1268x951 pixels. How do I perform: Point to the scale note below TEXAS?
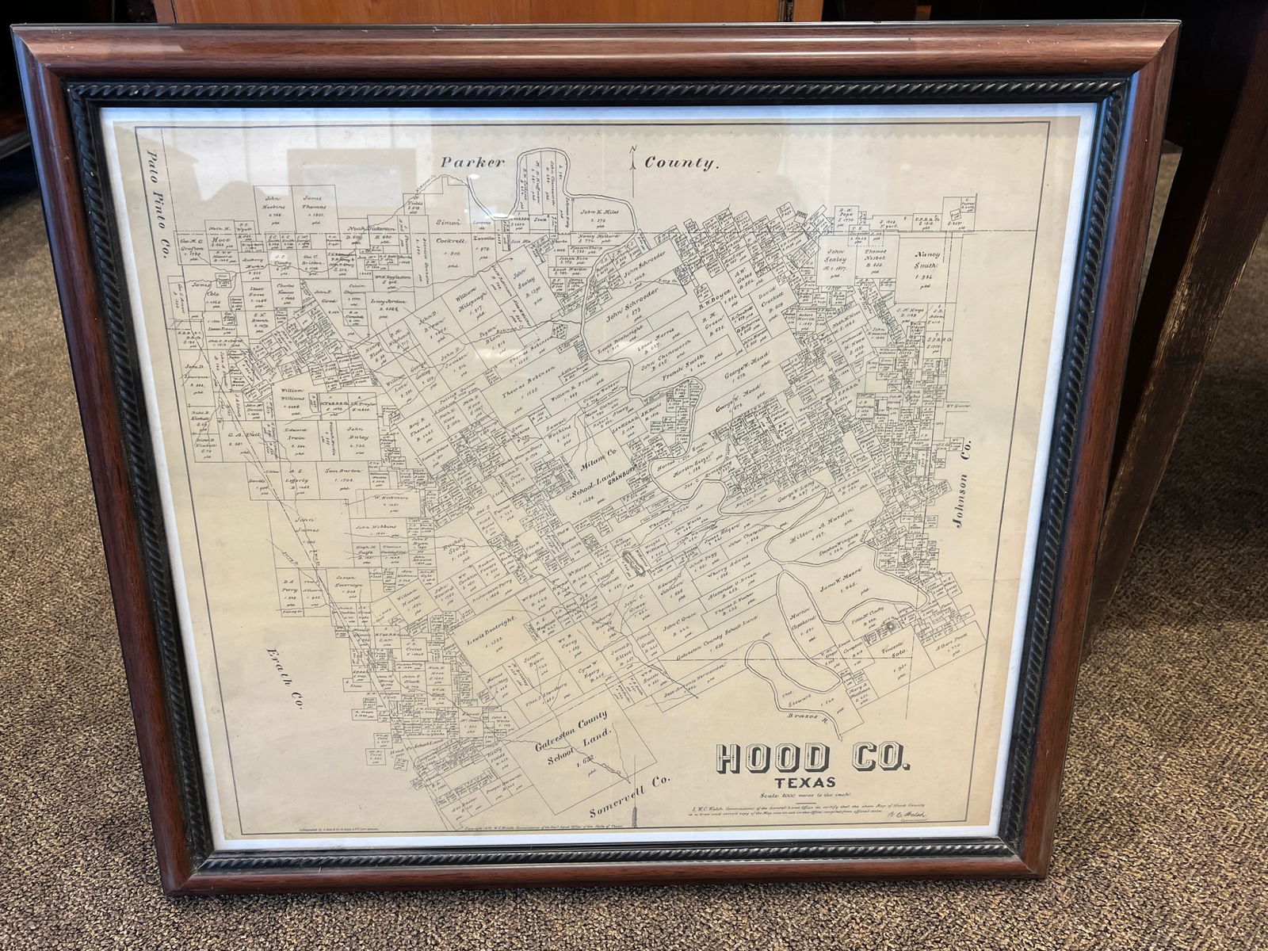pos(803,796)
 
